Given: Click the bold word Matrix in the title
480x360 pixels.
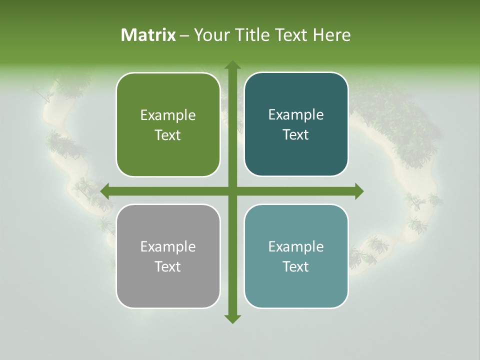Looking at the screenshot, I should (x=148, y=35).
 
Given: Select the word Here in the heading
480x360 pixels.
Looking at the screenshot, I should (x=331, y=35).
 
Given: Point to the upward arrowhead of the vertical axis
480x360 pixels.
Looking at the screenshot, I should (x=232, y=65).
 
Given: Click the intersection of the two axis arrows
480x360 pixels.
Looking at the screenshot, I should (x=232, y=191).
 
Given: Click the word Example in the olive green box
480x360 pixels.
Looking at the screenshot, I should (x=168, y=115).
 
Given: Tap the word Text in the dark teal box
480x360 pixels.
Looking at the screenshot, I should (x=296, y=135).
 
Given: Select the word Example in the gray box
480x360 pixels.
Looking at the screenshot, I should (x=168, y=247).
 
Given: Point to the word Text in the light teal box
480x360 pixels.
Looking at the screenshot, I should (x=296, y=266).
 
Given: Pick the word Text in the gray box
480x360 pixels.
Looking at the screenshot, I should (x=168, y=266).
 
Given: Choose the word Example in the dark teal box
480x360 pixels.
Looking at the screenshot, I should (x=296, y=115).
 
